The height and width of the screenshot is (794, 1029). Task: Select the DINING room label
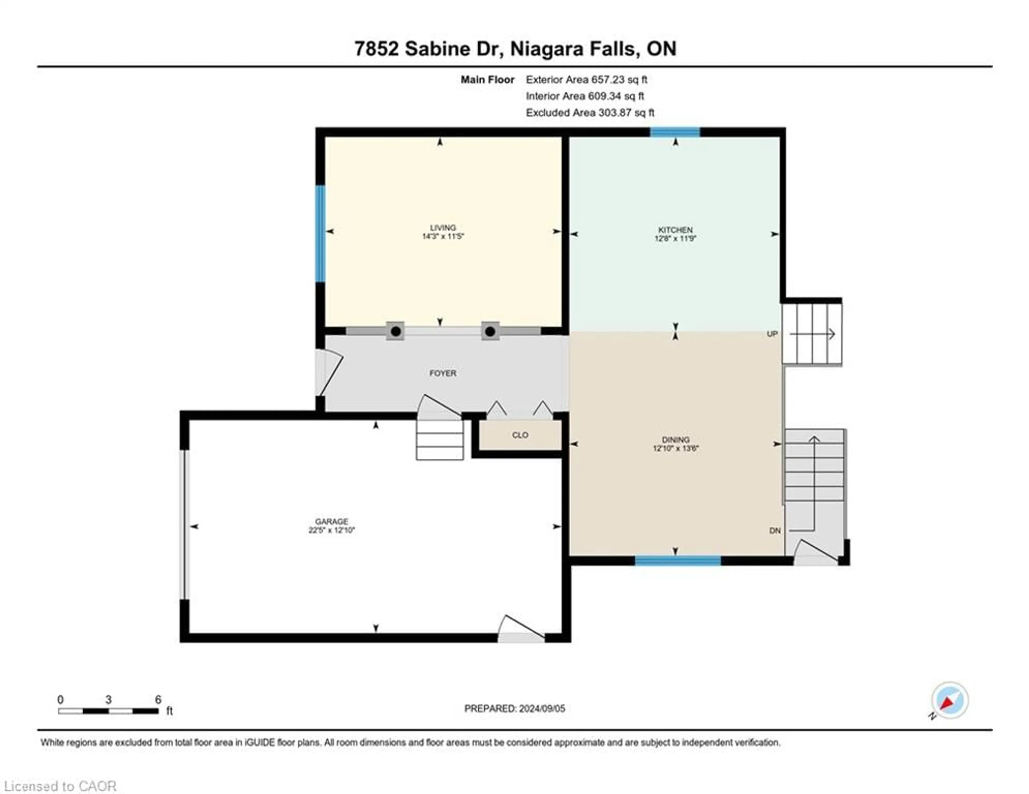675,439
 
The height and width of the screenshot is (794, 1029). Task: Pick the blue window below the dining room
677,560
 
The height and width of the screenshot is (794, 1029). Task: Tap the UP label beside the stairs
772,334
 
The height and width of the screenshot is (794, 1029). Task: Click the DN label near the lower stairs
775,530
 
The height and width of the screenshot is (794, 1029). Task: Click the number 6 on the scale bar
158,699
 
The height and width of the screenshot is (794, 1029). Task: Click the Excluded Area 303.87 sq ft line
590,113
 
